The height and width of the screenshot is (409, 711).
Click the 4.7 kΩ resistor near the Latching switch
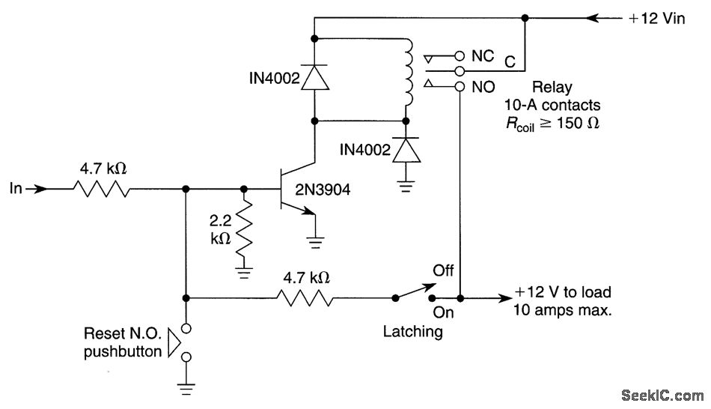coord(305,298)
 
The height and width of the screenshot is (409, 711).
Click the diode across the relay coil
coord(315,77)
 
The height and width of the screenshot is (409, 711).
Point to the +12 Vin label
coord(657,19)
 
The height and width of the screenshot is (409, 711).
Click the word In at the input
coord(16,190)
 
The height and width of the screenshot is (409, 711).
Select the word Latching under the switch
coord(414,330)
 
